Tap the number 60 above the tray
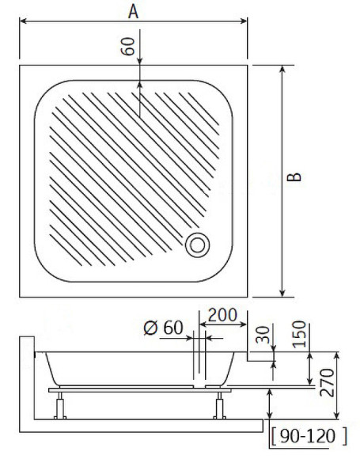coord(128,44)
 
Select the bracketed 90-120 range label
coord(309,436)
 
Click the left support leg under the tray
coord(59,405)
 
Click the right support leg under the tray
coord(217,405)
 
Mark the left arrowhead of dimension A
coord(21,22)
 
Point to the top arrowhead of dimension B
coord(282,69)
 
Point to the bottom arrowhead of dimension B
coord(282,294)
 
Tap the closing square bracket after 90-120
coord(346,436)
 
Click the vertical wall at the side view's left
coord(28,380)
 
